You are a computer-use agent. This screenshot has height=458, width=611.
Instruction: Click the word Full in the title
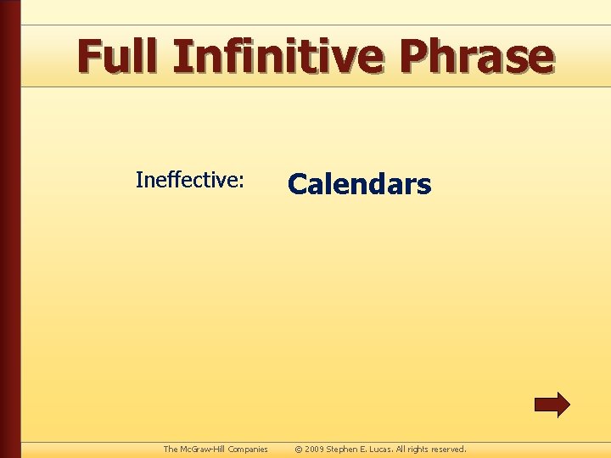click(119, 56)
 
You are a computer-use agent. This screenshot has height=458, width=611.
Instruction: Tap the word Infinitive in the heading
click(281, 56)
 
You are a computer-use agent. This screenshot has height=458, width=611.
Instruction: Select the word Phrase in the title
click(479, 56)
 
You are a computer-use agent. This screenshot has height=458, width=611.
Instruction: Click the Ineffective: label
click(190, 180)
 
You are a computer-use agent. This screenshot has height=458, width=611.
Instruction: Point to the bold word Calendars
click(359, 184)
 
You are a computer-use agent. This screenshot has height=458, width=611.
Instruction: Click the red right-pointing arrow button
click(552, 405)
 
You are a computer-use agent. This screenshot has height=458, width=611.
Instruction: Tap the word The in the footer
click(171, 449)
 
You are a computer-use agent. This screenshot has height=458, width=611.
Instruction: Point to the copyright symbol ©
click(298, 449)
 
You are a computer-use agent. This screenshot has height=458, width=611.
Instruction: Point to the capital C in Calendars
click(297, 184)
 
